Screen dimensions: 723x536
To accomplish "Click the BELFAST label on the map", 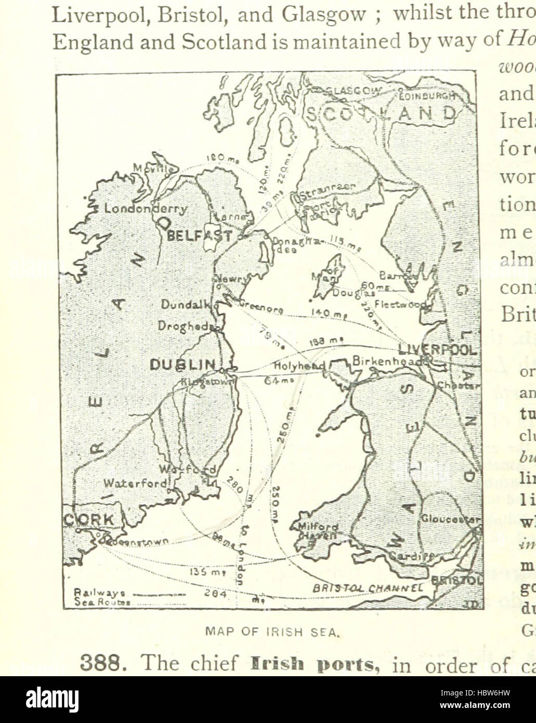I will pyautogui.click(x=199, y=235).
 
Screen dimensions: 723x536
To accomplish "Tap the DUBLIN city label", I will pyautogui.click(x=182, y=365).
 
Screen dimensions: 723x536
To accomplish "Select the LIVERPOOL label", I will pyautogui.click(x=437, y=349).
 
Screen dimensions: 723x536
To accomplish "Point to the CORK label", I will pyautogui.click(x=89, y=520).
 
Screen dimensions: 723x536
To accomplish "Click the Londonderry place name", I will pyautogui.click(x=146, y=209).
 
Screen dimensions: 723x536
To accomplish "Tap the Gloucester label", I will pyautogui.click(x=450, y=519).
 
